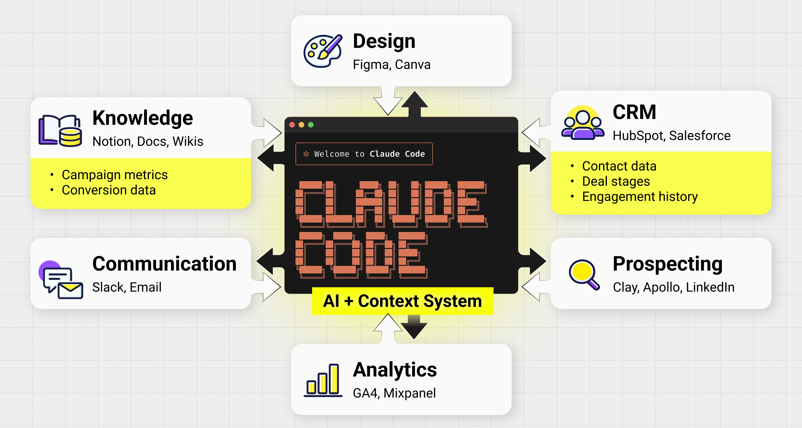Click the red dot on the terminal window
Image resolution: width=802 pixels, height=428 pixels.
292,125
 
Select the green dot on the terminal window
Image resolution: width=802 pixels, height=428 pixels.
311,125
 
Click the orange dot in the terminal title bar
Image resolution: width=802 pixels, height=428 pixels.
301,125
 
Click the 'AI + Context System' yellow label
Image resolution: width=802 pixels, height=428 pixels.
403,301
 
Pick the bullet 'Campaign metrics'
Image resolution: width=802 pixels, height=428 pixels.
114,175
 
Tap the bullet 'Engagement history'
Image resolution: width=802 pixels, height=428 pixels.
640,197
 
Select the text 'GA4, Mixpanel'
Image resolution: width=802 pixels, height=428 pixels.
394,393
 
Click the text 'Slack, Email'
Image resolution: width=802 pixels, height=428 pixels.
127,287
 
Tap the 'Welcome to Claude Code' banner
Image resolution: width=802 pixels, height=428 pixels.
364,154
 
